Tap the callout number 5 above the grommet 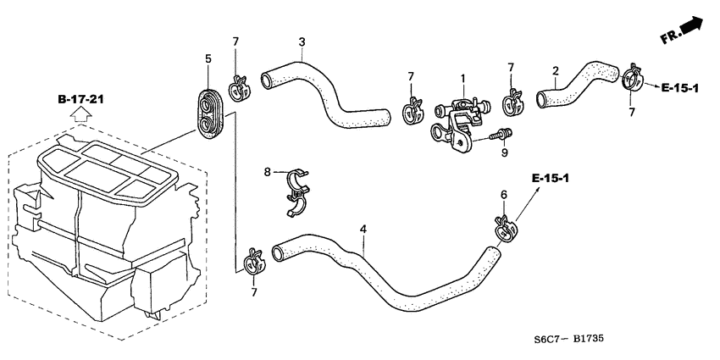coord(208,58)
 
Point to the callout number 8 coord(267,172)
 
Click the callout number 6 coord(503,195)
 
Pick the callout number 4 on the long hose coord(363,229)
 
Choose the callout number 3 coord(302,42)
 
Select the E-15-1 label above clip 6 coord(551,178)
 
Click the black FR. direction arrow coord(692,30)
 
